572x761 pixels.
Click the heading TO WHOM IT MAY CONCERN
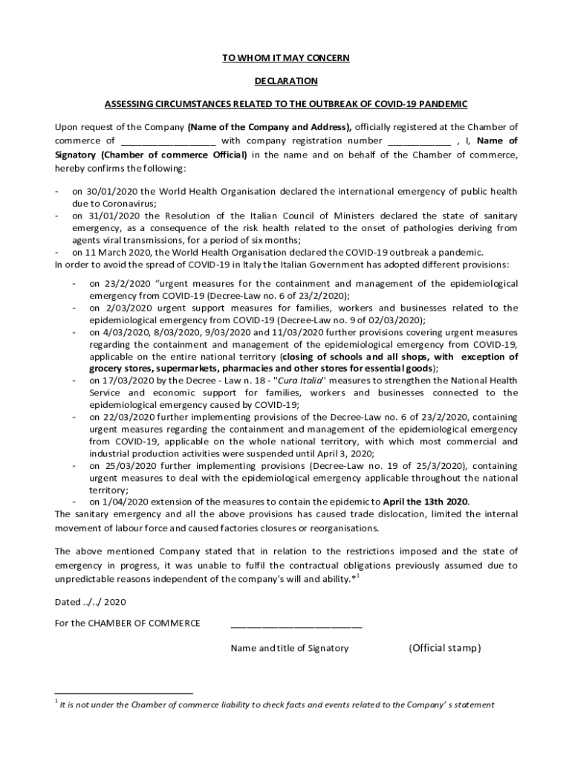[x=286, y=58]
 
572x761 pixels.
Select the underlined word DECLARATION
[x=286, y=81]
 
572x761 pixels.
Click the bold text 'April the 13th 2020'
[x=426, y=502]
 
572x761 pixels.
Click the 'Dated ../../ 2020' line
[x=91, y=602]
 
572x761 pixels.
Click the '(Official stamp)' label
[x=444, y=648]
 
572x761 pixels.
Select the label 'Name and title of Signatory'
[x=289, y=648]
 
